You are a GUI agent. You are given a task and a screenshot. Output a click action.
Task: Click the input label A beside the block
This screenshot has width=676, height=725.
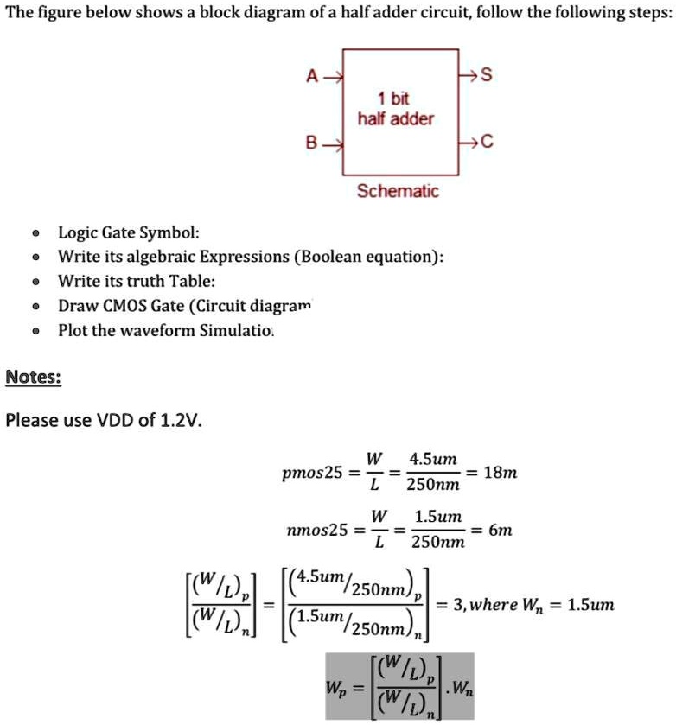[312, 76]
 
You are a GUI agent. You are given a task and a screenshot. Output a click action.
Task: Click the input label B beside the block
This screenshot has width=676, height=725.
[312, 143]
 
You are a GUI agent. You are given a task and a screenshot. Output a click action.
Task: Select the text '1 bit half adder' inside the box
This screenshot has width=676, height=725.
[395, 110]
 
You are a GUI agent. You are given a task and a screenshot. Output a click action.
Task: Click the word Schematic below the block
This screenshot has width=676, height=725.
[399, 191]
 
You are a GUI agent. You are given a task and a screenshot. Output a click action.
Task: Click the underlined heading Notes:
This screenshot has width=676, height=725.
[33, 377]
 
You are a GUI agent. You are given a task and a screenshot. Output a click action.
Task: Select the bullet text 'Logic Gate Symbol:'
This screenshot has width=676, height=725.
[129, 232]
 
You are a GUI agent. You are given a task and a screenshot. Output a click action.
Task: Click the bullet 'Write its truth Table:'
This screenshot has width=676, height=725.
[137, 281]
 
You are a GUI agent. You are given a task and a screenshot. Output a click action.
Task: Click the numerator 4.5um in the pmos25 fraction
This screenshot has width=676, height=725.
[434, 458]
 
